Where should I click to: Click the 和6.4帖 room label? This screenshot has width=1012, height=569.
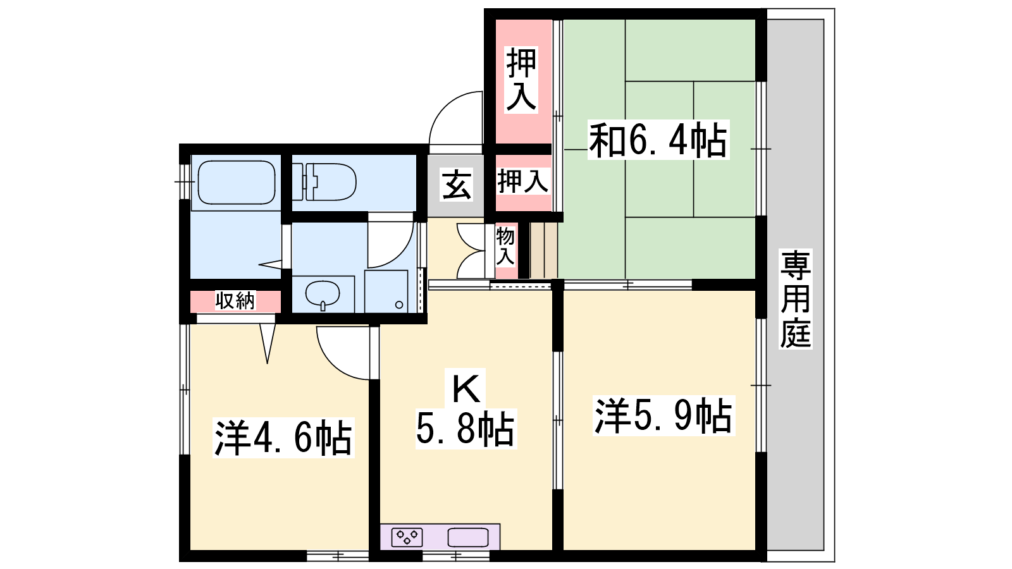658,140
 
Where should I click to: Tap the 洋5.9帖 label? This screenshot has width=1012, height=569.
663,415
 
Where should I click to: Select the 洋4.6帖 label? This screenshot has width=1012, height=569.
283,438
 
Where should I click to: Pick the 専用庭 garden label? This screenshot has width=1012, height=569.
796,299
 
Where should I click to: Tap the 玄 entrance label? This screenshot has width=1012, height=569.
456,184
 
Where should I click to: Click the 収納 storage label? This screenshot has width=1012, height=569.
235,301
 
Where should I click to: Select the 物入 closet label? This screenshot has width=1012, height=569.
505,246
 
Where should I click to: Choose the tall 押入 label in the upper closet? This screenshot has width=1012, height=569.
521,80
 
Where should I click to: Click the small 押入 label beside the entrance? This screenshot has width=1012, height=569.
523,181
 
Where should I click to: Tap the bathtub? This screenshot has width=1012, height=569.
237,183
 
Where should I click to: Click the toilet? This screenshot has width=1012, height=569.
324,181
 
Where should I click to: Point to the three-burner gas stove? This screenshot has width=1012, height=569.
407,537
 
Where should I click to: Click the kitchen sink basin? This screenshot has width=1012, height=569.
468,537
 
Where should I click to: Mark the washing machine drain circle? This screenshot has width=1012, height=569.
399,305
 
